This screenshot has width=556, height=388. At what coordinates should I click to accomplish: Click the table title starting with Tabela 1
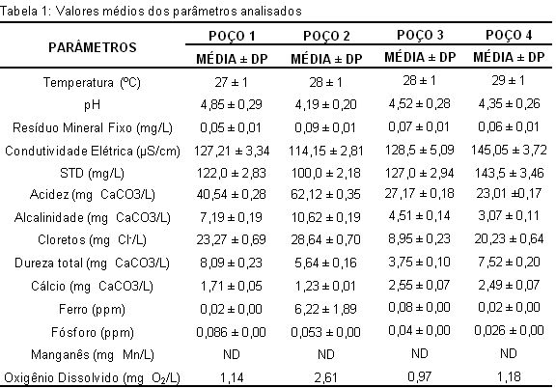coord(151,11)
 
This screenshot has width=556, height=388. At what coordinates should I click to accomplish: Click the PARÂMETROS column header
coord(93,47)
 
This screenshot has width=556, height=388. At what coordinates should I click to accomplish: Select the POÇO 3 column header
coord(420,35)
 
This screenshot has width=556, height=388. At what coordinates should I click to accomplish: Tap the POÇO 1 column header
coord(232,36)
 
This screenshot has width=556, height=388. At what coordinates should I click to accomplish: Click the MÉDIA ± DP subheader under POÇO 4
coord(509,57)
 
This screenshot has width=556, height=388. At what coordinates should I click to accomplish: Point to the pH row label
coord(93,105)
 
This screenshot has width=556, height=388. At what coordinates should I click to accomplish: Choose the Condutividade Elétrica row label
coord(93,152)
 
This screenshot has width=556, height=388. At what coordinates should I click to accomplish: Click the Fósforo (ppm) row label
coord(93,333)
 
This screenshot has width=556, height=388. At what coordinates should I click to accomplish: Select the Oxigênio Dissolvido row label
coord(93,377)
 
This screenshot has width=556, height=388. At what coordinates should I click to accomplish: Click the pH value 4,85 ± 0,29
coord(232,104)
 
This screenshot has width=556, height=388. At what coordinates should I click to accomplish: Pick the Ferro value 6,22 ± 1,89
coord(325,309)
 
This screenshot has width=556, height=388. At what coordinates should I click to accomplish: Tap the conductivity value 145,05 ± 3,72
coord(509,150)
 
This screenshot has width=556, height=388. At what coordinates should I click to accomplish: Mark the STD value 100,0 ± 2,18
coord(325,173)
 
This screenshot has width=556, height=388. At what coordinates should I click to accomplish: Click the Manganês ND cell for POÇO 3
coord(420,353)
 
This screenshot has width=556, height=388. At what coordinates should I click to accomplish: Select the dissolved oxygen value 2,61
coord(325,378)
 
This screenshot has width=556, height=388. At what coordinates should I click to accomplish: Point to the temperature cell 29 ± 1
coord(508,81)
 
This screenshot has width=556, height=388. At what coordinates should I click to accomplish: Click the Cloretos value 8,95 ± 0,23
coord(420,238)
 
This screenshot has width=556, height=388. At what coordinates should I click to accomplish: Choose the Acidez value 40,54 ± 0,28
coord(232,195)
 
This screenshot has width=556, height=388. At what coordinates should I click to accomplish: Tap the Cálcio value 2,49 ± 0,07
coord(509,285)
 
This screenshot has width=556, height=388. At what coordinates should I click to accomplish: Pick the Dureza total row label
coord(93,263)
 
